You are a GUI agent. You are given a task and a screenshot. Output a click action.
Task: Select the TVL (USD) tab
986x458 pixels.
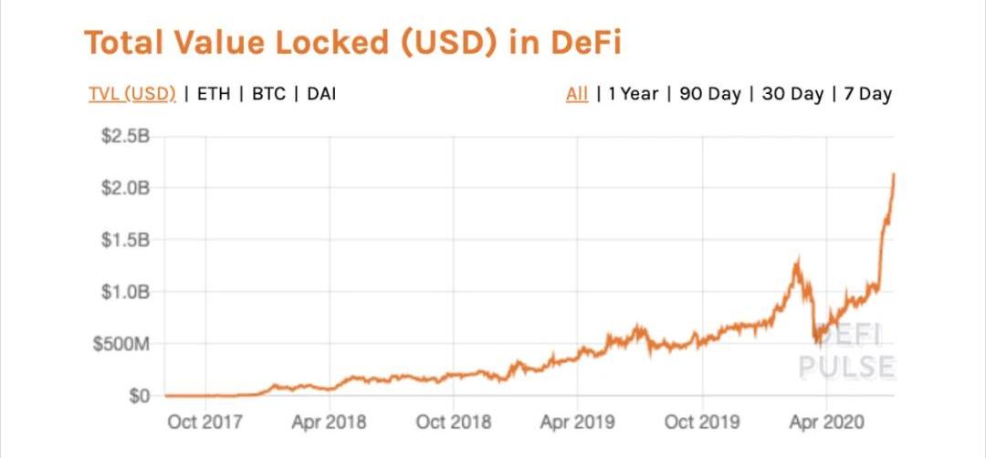131,94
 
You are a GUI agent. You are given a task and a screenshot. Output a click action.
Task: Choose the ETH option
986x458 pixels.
213,94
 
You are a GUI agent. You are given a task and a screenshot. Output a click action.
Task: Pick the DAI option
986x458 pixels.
321,94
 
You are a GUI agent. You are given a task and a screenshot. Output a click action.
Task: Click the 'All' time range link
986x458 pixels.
577,94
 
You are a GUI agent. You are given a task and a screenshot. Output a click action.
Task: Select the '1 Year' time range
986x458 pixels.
633,94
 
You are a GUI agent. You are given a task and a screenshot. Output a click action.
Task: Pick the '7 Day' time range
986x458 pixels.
867,94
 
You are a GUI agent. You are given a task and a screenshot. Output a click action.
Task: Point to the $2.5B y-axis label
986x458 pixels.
125,137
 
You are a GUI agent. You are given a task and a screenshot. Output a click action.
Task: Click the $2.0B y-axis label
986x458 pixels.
125,189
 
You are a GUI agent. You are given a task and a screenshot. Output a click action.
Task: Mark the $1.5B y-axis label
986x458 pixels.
125,241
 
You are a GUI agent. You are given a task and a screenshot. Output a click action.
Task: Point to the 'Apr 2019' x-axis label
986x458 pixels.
577,422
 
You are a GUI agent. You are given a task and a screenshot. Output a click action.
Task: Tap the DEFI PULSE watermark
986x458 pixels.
845,351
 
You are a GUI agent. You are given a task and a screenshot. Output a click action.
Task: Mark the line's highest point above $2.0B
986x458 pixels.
893,174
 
